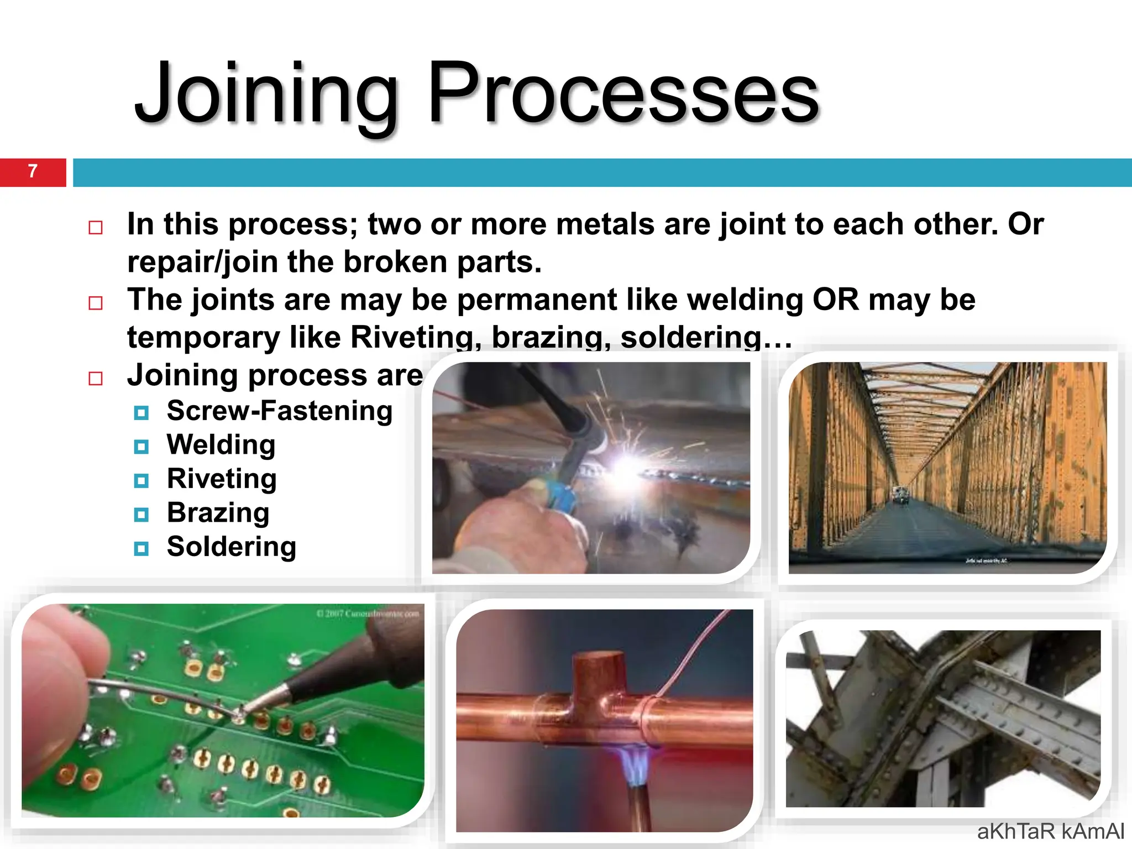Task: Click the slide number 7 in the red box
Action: (33, 171)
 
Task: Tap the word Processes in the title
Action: (623, 94)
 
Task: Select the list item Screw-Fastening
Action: (280, 411)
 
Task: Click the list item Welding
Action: (221, 445)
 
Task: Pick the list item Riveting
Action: (222, 479)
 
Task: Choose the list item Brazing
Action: (218, 513)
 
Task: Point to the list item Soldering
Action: (232, 547)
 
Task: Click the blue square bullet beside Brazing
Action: (141, 515)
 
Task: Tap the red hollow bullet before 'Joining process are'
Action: (96, 379)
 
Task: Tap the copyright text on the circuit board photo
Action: (368, 614)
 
